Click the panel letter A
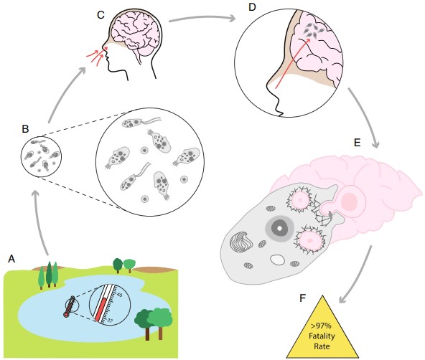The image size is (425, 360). [10, 256]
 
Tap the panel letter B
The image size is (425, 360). [25, 129]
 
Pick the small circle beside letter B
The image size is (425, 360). [37, 157]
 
